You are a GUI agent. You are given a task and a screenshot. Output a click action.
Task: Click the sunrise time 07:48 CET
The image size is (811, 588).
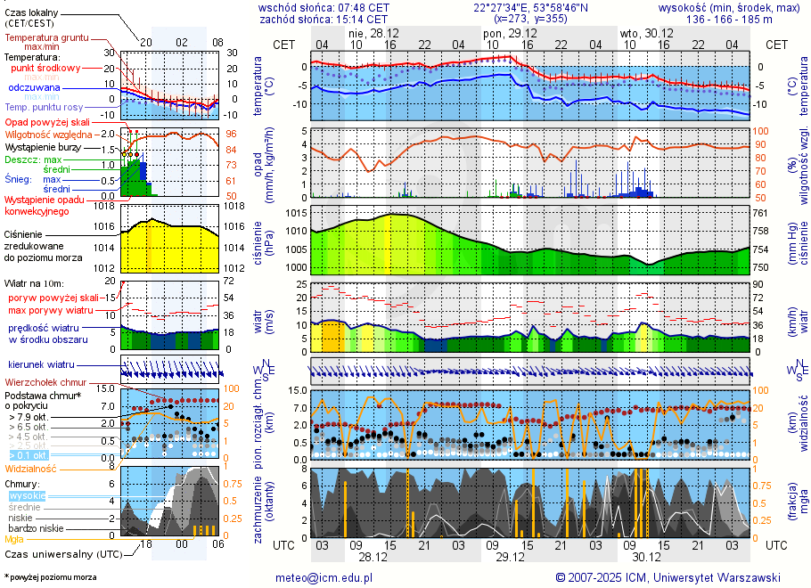356,7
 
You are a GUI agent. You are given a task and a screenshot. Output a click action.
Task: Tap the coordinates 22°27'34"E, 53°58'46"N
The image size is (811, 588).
530,7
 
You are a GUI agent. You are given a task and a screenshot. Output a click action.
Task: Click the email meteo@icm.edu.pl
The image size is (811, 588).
327,577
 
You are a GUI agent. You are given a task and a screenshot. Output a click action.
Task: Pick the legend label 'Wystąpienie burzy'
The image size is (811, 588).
43,146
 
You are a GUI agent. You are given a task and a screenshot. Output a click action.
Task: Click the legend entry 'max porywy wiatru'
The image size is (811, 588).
51,309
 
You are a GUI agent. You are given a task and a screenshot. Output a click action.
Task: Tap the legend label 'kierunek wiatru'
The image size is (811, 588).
41,365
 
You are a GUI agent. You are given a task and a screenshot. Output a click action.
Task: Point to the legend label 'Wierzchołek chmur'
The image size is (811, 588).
49,382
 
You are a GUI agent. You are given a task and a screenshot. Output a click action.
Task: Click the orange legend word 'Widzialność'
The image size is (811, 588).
30,467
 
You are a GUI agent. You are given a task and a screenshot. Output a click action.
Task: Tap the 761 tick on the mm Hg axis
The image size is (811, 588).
759,214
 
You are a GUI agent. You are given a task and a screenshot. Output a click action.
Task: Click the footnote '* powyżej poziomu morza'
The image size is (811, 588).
49,577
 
